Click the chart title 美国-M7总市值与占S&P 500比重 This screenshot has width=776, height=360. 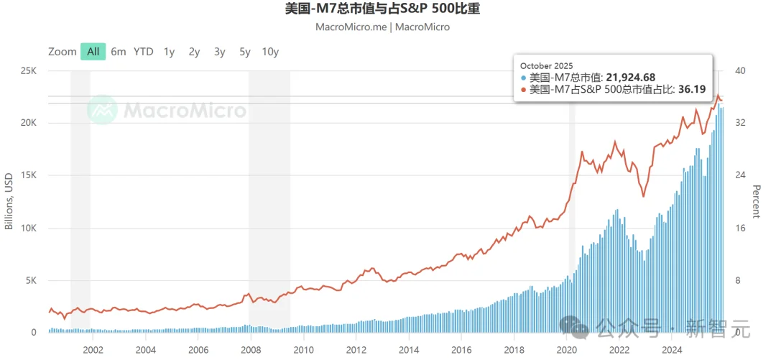(383, 9)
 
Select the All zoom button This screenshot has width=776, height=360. (93, 51)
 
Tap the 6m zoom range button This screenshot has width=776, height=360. (119, 51)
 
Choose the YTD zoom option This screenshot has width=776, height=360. (144, 51)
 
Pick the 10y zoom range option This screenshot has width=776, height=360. (270, 51)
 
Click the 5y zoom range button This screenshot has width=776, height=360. (245, 51)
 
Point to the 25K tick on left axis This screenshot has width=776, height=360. (28, 71)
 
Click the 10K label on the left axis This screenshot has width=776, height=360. (28, 229)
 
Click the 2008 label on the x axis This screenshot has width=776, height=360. (251, 350)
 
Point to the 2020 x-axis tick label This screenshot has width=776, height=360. (566, 350)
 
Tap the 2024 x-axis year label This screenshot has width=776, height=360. (672, 350)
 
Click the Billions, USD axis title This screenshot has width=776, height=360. (9, 201)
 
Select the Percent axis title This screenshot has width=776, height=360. (756, 201)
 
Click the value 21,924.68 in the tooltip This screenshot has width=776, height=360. (630, 78)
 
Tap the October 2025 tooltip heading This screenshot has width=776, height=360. (547, 66)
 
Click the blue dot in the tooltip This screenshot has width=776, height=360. (524, 78)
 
